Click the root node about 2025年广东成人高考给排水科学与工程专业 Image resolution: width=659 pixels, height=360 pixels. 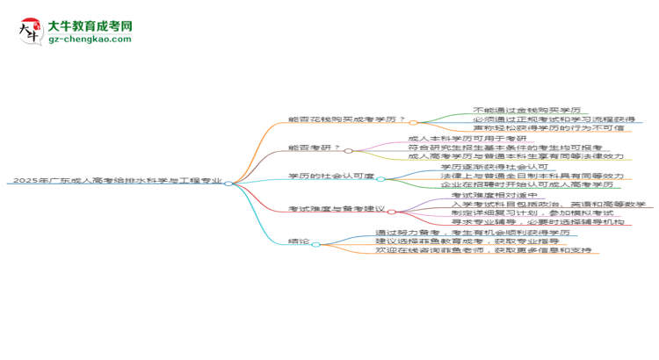114,183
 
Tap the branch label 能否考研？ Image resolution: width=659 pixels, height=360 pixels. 314,149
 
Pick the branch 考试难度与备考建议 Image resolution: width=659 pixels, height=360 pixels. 337,210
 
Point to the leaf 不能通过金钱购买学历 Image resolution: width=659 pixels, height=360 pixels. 526,110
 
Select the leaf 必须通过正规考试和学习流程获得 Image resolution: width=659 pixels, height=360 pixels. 554,119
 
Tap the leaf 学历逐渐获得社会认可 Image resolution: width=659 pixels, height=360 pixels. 494,167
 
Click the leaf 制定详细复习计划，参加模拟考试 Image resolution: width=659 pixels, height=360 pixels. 519,213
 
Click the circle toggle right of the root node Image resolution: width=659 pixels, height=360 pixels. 228,184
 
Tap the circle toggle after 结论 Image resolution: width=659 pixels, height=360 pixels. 315,243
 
